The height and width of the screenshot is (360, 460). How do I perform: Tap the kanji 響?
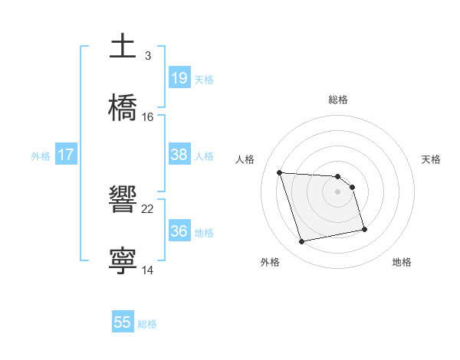pos(123,201)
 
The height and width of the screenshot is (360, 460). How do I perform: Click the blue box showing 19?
pos(179,77)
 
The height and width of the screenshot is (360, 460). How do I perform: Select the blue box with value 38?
pos(179,155)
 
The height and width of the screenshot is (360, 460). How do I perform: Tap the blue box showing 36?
pos(179,231)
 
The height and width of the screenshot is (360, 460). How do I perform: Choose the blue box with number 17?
pos(66,155)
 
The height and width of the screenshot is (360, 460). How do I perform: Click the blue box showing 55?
pos(123,322)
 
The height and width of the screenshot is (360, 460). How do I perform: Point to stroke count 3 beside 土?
pos(147,55)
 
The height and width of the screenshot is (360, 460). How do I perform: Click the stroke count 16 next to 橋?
pos(148,116)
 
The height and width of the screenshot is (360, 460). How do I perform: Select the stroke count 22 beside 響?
pos(148,208)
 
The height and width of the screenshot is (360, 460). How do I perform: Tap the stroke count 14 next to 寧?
pos(148,270)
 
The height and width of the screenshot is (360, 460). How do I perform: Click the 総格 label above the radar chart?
pos(338,100)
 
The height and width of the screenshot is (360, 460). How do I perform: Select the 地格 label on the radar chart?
pos(402,262)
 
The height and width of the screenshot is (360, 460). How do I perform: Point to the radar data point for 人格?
pos(280,172)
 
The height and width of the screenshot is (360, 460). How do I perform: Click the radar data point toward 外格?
pos(302,242)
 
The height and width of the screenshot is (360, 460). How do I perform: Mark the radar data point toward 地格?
pos(364,229)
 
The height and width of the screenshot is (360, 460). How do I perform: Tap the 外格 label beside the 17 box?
pos(41,155)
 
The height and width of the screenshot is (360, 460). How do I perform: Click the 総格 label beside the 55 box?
pos(147,323)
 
